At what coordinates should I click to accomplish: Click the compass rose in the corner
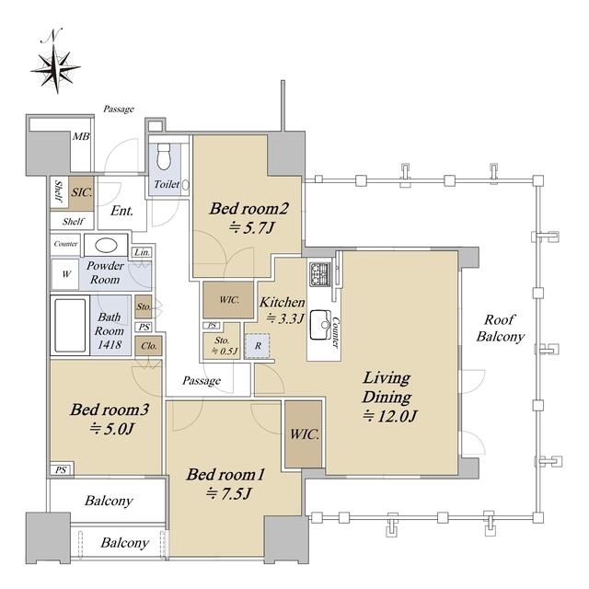pyautogui.click(x=56, y=67)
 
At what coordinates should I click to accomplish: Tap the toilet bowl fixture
pyautogui.click(x=164, y=156)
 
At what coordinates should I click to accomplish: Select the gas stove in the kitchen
pyautogui.click(x=319, y=273)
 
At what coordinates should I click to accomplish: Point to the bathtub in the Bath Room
pyautogui.click(x=70, y=325)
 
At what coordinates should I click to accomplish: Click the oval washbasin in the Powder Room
pyautogui.click(x=106, y=246)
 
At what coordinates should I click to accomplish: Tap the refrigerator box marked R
pyautogui.click(x=258, y=346)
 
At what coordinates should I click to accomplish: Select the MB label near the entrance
pyautogui.click(x=81, y=136)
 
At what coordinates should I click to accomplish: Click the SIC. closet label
pyautogui.click(x=82, y=193)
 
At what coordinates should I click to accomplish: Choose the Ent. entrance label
pyautogui.click(x=121, y=211)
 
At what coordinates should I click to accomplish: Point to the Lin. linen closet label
pyautogui.click(x=142, y=252)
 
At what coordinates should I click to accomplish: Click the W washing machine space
pyautogui.click(x=65, y=274)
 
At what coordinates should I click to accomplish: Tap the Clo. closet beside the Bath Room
pyautogui.click(x=149, y=346)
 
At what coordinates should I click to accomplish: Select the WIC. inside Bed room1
pyautogui.click(x=304, y=434)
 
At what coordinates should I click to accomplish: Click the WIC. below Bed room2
pyautogui.click(x=228, y=300)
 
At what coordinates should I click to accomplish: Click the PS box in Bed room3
pyautogui.click(x=62, y=470)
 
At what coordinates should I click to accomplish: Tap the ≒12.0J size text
pyautogui.click(x=390, y=416)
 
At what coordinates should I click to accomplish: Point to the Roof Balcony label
pyautogui.click(x=500, y=328)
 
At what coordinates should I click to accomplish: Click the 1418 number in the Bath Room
pyautogui.click(x=110, y=345)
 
